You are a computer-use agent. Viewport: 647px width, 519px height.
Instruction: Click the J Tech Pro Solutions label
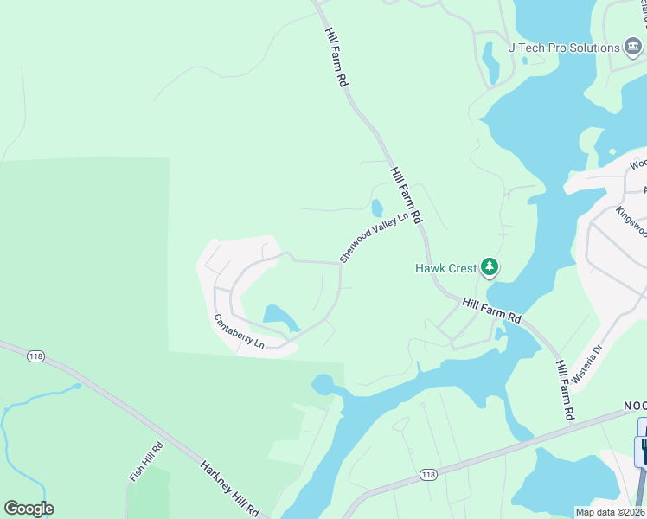click(563, 48)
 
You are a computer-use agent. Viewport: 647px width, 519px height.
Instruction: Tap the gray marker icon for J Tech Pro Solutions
click(633, 48)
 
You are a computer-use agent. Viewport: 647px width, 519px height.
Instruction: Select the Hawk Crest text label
click(445, 268)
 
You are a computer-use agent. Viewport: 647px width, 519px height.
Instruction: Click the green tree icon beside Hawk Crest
click(490, 267)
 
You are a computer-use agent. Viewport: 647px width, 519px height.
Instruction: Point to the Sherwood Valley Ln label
click(373, 238)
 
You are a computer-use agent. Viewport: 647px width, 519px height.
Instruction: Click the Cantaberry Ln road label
click(239, 330)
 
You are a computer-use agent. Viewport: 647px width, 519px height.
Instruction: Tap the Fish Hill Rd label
click(145, 464)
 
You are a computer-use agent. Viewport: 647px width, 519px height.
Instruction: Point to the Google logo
click(29, 509)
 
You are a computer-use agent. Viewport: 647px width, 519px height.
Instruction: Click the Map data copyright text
click(610, 512)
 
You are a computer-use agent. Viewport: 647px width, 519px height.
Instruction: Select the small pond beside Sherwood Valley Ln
click(377, 208)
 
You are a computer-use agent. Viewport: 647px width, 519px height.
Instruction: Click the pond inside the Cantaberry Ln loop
click(279, 317)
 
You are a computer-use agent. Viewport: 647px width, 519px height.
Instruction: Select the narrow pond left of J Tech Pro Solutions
click(490, 62)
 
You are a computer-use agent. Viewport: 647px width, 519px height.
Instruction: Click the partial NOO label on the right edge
click(635, 406)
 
